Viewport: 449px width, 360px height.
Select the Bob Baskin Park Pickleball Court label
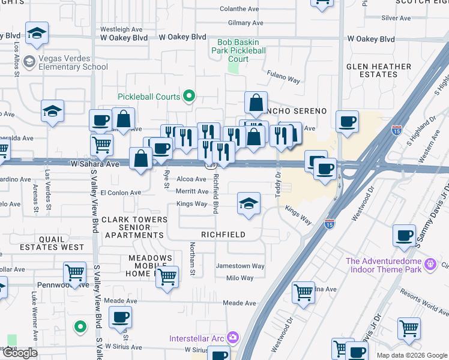[233, 50]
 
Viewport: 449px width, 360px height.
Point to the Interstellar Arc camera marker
[233, 338]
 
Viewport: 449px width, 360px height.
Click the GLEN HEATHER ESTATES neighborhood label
[379, 70]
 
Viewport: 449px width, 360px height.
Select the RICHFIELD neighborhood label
[223, 235]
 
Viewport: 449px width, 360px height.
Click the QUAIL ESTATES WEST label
[52, 242]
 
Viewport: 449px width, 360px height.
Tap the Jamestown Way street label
[240, 266]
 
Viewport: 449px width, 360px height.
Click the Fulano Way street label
[283, 79]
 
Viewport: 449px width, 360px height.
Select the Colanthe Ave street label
[240, 9]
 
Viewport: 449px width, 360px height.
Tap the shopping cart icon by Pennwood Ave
[75, 273]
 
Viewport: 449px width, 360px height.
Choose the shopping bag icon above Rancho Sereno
[256, 103]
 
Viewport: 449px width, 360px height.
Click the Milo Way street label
[240, 278]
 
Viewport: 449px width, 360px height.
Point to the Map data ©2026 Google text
[412, 355]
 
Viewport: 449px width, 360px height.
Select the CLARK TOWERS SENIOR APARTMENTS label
[134, 227]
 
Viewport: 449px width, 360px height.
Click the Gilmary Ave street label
[246, 23]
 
